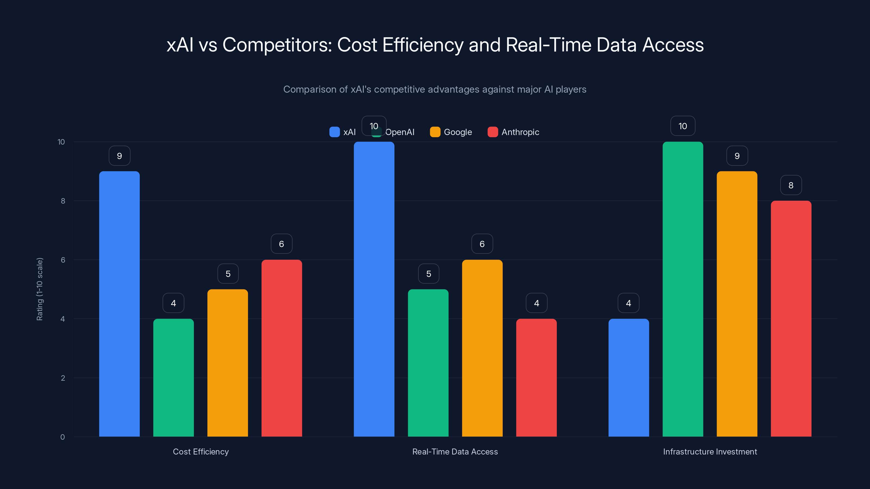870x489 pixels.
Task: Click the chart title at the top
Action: (x=435, y=45)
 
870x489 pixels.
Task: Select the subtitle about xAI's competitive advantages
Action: (x=435, y=89)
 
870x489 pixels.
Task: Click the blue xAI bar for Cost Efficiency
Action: (x=119, y=304)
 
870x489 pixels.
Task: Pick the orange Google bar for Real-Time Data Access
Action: (x=482, y=348)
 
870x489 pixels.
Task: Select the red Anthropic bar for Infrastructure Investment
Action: (x=791, y=319)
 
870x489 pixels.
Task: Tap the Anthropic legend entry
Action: (x=513, y=132)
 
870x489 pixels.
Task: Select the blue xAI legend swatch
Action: (x=334, y=132)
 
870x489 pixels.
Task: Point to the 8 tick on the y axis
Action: (x=63, y=201)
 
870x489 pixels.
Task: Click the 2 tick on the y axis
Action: (x=63, y=378)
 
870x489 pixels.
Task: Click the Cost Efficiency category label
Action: (x=201, y=452)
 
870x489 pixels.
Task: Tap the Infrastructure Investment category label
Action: (x=710, y=452)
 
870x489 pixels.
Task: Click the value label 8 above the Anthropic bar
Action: (x=791, y=185)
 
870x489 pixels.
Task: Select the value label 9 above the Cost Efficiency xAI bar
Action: (x=119, y=156)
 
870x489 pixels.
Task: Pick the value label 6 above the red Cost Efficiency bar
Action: (x=281, y=244)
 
